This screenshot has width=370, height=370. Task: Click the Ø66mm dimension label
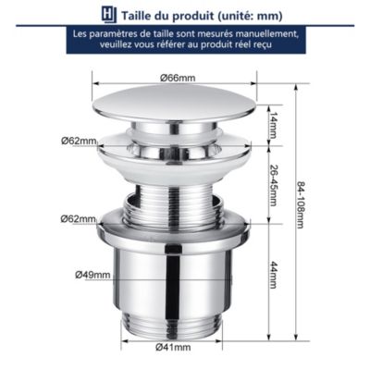pos(178,78)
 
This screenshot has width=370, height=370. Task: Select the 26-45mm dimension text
pos(272,185)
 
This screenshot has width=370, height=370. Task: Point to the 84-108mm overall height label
pos(299,204)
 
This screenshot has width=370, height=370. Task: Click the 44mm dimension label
pos(272,275)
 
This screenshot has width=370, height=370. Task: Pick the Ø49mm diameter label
pos(92,274)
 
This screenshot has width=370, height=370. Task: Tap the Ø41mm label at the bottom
pos(173,347)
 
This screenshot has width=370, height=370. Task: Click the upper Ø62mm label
pos(79,141)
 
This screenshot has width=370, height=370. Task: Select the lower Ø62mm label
pos(79,219)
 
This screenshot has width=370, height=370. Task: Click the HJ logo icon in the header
pos(109,15)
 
